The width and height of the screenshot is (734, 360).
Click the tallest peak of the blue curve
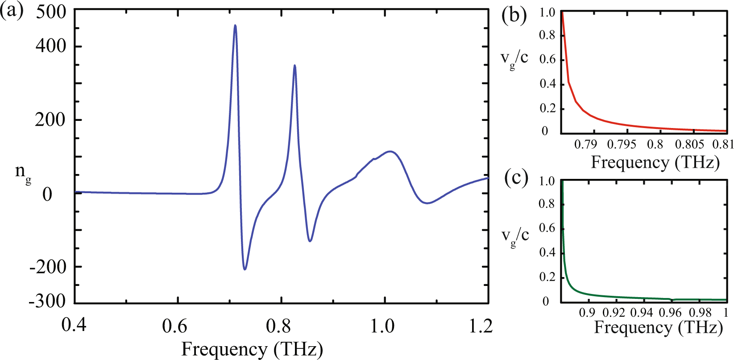coord(235,26)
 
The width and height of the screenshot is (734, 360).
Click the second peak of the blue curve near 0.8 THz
coord(294,66)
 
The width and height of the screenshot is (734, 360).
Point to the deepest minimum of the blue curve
coord(245,269)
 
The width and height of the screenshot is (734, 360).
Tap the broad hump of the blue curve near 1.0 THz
coord(390,152)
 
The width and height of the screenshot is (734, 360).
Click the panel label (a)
coord(12,11)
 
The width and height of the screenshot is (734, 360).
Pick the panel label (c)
coord(516,178)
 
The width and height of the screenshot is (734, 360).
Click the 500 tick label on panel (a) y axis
coord(51,12)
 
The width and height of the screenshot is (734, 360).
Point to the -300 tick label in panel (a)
coord(47,302)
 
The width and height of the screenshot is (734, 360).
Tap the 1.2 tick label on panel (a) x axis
coord(481,327)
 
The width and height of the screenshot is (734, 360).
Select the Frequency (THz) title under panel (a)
coord(252,349)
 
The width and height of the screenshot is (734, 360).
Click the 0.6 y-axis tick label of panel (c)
coord(547,228)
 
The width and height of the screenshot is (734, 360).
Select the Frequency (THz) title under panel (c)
coord(658,328)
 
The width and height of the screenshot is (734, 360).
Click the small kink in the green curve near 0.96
coord(672,299)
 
